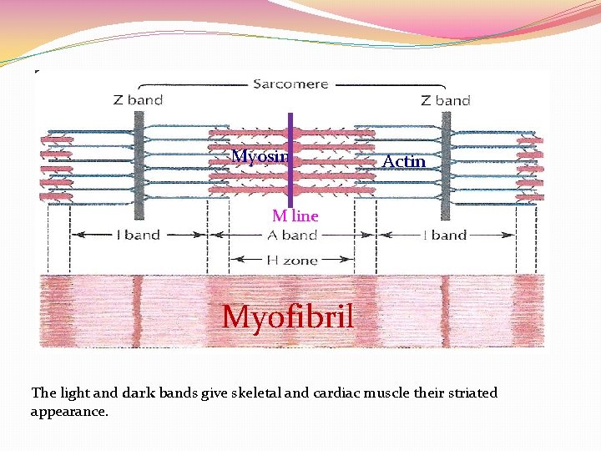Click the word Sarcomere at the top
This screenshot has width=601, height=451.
pos(291,84)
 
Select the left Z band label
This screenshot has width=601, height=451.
pos(138,100)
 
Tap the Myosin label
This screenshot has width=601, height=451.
pos(260,157)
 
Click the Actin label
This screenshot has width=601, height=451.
pos(404,161)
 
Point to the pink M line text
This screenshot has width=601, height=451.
pos(295,215)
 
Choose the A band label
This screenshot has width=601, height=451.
pos(292,236)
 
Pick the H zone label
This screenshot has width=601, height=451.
pos(292,261)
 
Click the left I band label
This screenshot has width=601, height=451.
pos(137,236)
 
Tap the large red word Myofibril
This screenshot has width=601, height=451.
pos(288,317)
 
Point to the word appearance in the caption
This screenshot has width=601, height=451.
pos(69,412)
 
